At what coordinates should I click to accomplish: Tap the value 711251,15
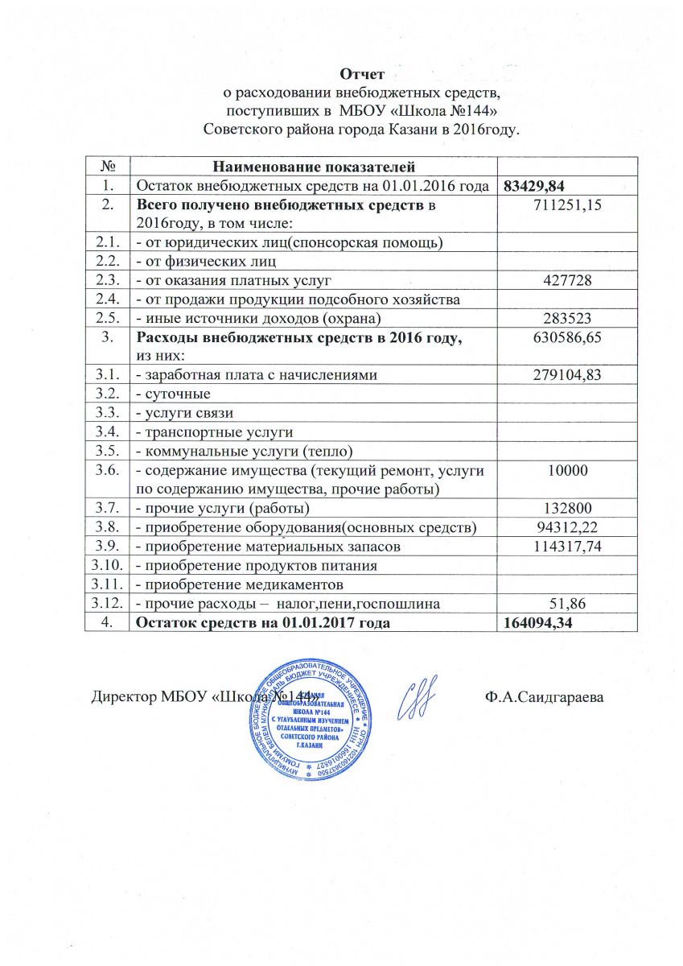[568, 206]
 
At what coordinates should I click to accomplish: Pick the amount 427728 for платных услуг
[568, 280]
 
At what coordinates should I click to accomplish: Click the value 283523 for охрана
[568, 318]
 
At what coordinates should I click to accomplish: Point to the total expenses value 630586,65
[568, 337]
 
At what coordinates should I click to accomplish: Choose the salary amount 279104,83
[568, 374]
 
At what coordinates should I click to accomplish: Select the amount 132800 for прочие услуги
[568, 509]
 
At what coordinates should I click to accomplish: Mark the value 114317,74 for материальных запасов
[568, 547]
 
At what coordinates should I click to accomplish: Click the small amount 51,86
[568, 604]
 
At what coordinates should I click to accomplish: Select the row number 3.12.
[107, 604]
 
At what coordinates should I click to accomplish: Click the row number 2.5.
[107, 318]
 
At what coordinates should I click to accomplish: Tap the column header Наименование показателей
[314, 167]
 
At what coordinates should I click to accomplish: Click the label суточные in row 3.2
[174, 394]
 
